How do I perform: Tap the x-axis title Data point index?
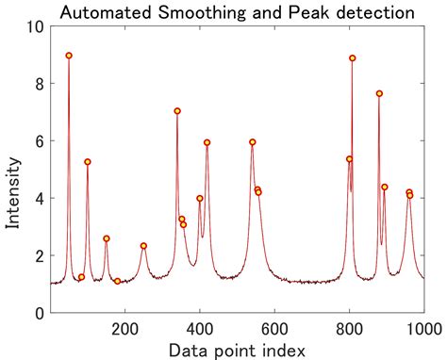[236, 351]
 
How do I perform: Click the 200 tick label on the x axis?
[124, 328]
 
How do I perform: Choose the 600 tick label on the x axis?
[274, 328]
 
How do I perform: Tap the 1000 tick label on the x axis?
[422, 328]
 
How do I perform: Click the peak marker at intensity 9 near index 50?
[69, 56]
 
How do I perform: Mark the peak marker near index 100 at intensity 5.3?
[88, 162]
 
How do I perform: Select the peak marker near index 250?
[143, 246]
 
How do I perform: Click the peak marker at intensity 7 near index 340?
[177, 111]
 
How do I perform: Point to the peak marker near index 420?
[207, 142]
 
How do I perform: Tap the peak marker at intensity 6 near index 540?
[253, 142]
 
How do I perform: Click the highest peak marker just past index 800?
[353, 58]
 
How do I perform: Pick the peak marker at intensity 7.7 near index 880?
[379, 93]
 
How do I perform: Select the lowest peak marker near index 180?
[117, 281]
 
